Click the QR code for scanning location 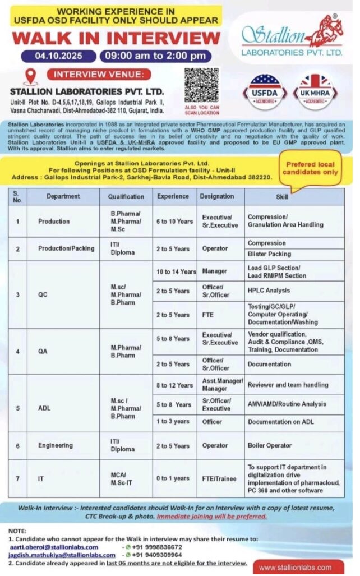pyautogui.click(x=201, y=85)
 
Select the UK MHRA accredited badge pyautogui.click(x=315, y=90)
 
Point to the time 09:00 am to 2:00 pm pyautogui.click(x=155, y=56)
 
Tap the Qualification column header pyautogui.click(x=126, y=196)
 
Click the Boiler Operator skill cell pyautogui.click(x=270, y=445)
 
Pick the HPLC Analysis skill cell pyautogui.click(x=269, y=291)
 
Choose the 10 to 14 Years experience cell pyautogui.click(x=176, y=271)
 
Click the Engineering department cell pyautogui.click(x=56, y=445)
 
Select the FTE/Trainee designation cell pyautogui.click(x=220, y=478)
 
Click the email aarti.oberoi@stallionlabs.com pyautogui.click(x=53, y=547)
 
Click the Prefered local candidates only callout pyautogui.click(x=312, y=168)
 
